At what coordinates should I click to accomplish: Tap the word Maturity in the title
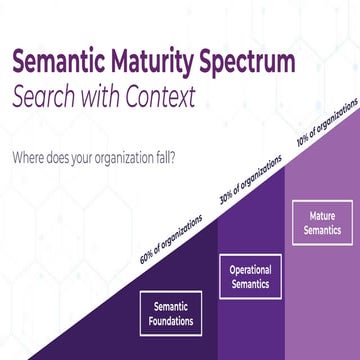(x=166, y=62)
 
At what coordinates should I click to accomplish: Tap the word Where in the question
(x=28, y=158)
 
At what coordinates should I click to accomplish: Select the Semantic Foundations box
(x=170, y=313)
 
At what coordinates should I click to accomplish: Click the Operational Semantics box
(x=251, y=275)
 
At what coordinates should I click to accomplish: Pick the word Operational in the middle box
(x=251, y=269)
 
